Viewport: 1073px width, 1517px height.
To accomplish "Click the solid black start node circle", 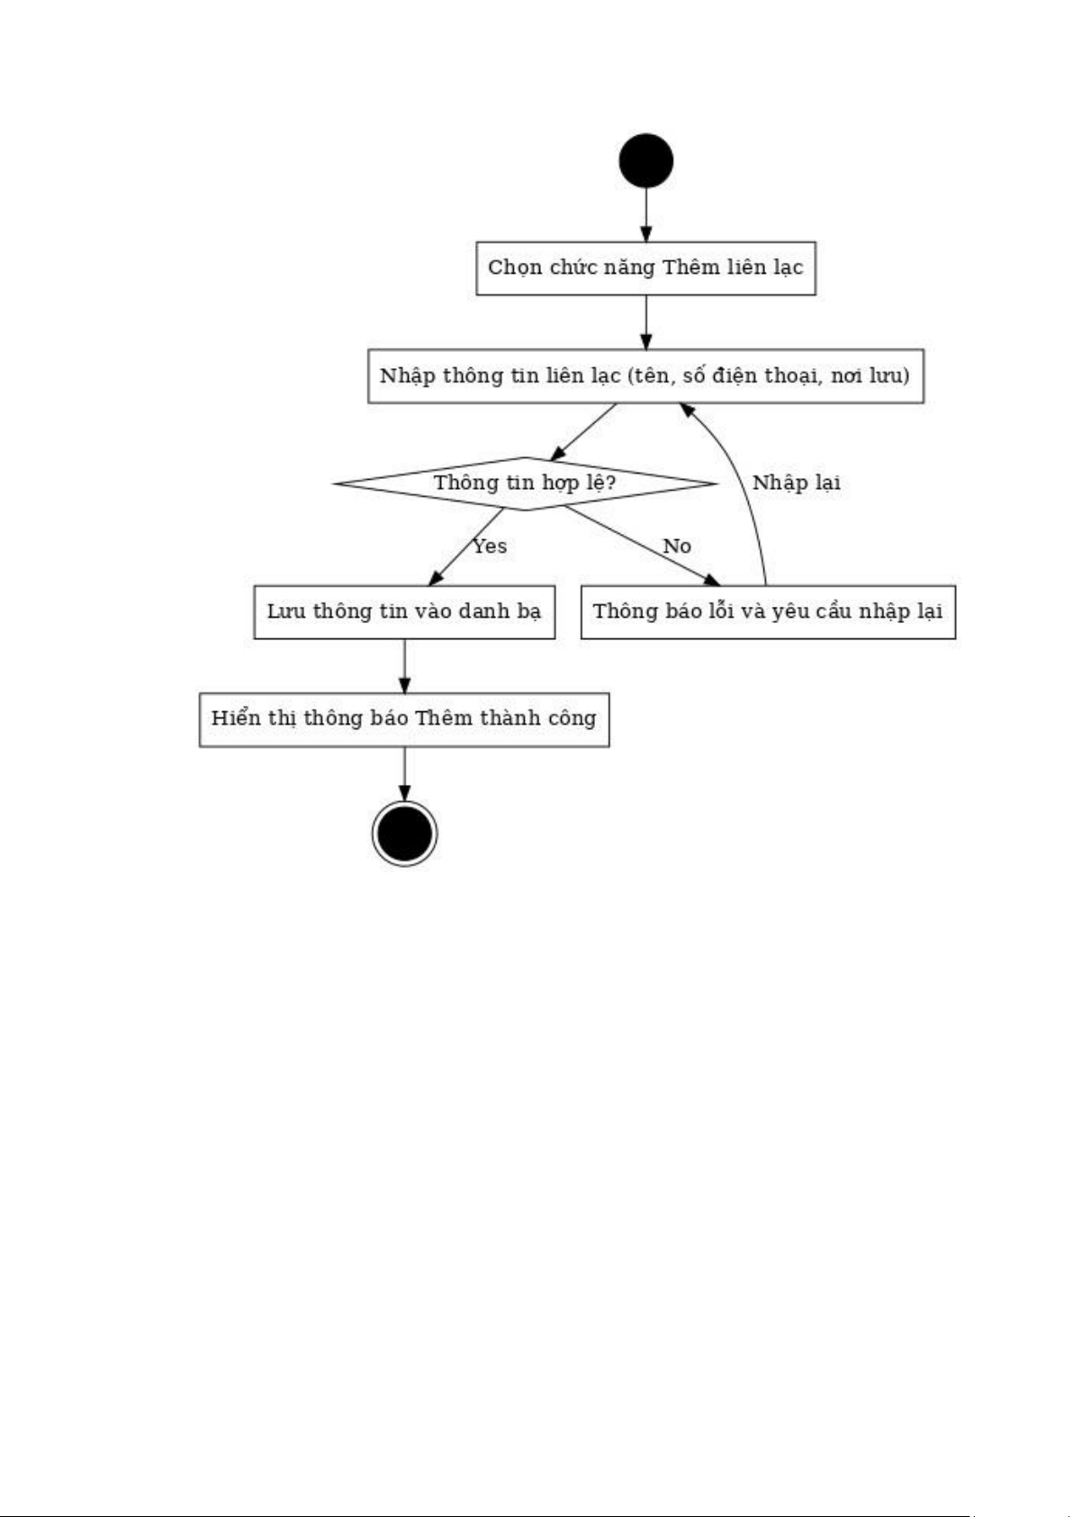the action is coord(645,160).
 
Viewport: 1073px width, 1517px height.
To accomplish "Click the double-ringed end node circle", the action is coord(404,834).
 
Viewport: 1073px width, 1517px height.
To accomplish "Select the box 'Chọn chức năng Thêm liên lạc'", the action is coord(645,268).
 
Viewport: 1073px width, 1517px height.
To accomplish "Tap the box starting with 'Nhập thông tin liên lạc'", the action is coord(645,375).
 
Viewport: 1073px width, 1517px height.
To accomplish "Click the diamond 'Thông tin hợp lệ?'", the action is coord(526,483).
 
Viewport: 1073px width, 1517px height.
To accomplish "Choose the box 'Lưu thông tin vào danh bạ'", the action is coord(404,611).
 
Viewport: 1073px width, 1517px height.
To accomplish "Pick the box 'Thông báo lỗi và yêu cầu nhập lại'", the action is coord(769,611).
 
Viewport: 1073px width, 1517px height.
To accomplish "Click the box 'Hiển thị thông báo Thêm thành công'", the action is coord(404,719).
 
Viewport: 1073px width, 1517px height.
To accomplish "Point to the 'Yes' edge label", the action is coord(490,546).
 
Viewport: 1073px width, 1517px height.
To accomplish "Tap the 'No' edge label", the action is coord(676,546).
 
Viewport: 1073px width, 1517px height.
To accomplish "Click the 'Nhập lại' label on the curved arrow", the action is coord(796,483).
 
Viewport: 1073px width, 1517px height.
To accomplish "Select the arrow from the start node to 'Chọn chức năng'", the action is coord(645,214).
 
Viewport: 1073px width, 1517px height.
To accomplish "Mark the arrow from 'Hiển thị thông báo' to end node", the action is coord(404,774).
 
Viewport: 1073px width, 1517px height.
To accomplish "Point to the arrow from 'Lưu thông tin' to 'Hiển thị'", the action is coord(404,665).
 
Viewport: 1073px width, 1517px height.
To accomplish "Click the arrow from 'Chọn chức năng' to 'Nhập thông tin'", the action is coord(645,322).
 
